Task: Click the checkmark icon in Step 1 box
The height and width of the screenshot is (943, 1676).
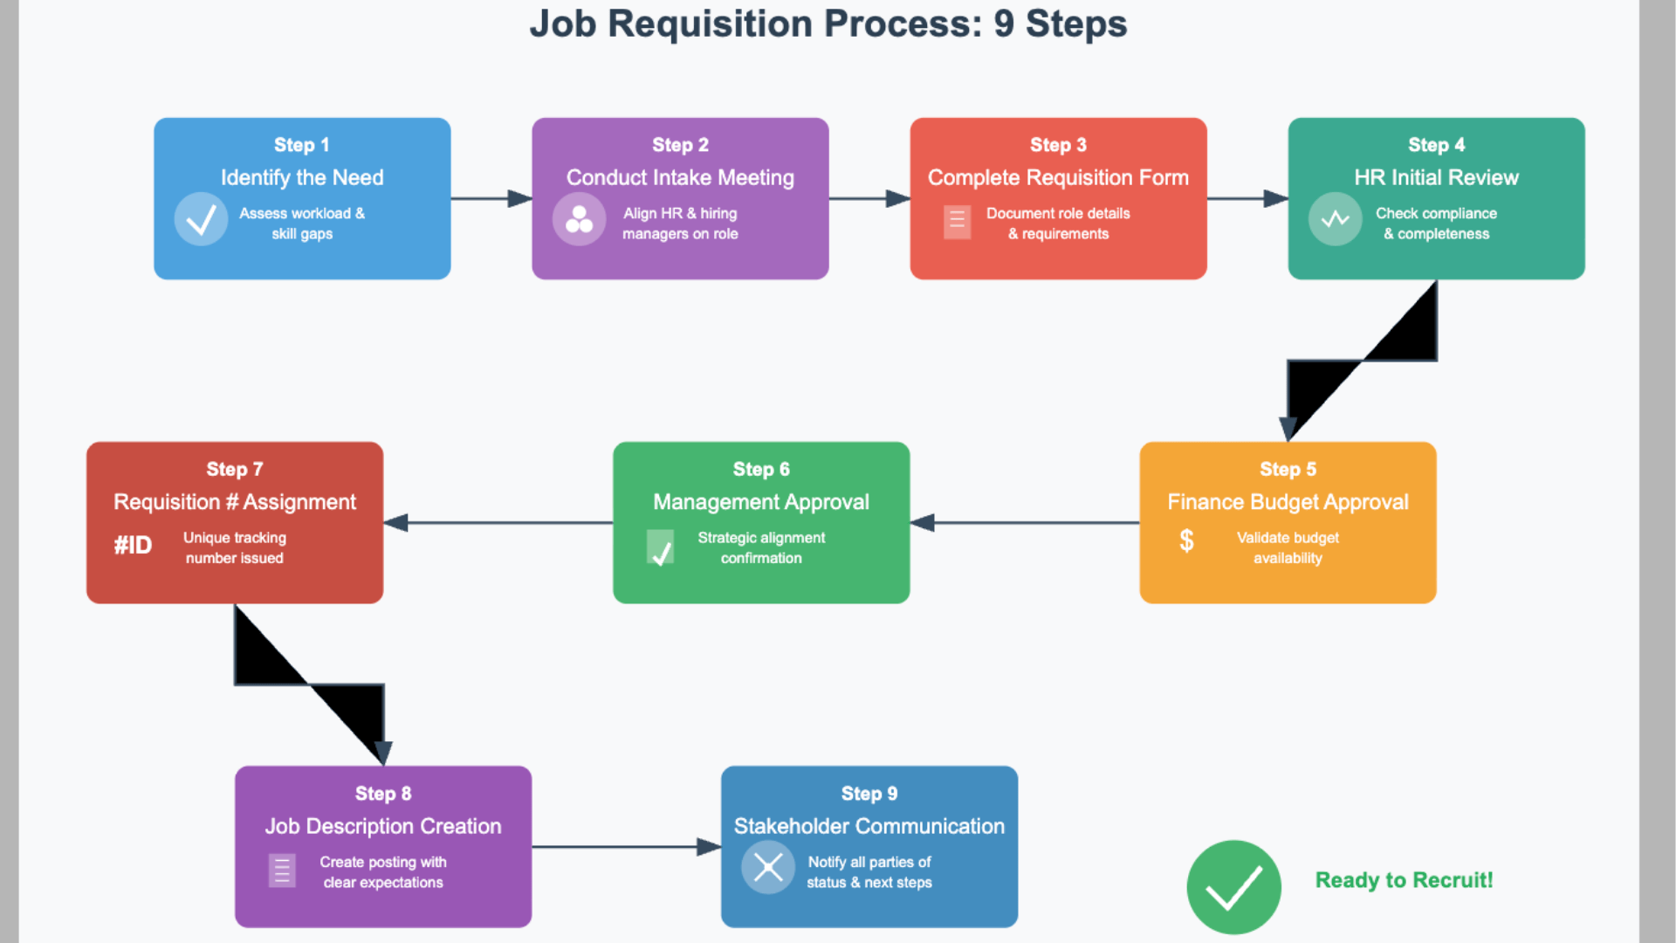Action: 201,219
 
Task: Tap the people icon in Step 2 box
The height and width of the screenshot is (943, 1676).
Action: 579,219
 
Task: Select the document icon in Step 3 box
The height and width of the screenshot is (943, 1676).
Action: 957,222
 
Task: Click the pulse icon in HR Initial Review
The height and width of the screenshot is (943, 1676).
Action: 1335,219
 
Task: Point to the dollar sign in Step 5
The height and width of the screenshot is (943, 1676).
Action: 1186,541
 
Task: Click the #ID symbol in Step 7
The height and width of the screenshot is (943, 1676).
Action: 133,546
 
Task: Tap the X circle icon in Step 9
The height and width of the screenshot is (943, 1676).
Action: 768,867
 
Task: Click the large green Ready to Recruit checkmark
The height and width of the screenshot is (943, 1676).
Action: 1233,887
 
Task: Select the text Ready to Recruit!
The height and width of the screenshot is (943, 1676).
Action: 1404,880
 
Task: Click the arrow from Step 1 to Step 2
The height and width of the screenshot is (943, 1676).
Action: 491,199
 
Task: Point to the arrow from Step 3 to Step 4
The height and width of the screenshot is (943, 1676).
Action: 1247,199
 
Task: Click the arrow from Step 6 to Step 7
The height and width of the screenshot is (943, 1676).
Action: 498,523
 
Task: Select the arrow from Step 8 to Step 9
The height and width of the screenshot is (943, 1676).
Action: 626,847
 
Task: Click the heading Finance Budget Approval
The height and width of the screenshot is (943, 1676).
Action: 1288,502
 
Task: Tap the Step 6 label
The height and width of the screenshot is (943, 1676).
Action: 761,470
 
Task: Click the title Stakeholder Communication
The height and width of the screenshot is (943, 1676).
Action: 869,826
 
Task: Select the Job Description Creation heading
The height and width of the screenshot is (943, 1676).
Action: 383,826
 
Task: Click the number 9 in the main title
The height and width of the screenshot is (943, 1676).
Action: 1004,24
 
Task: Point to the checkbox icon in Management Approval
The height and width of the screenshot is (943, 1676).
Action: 661,548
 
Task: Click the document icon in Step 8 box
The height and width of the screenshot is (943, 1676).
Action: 282,871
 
